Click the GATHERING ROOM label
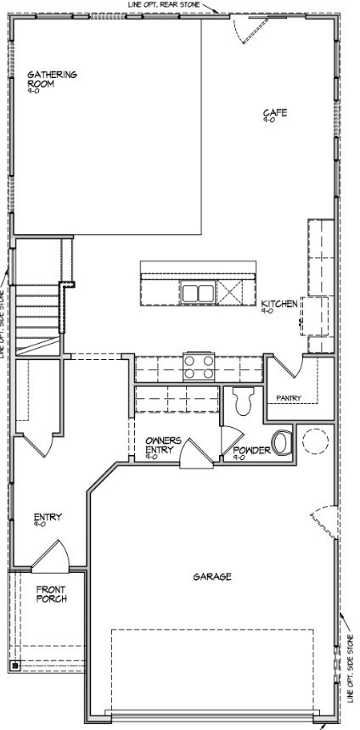(x=52, y=79)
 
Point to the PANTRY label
(x=290, y=397)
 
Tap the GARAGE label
(x=211, y=576)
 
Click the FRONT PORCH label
(x=51, y=593)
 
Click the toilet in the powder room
(x=243, y=400)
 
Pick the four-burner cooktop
(x=200, y=367)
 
